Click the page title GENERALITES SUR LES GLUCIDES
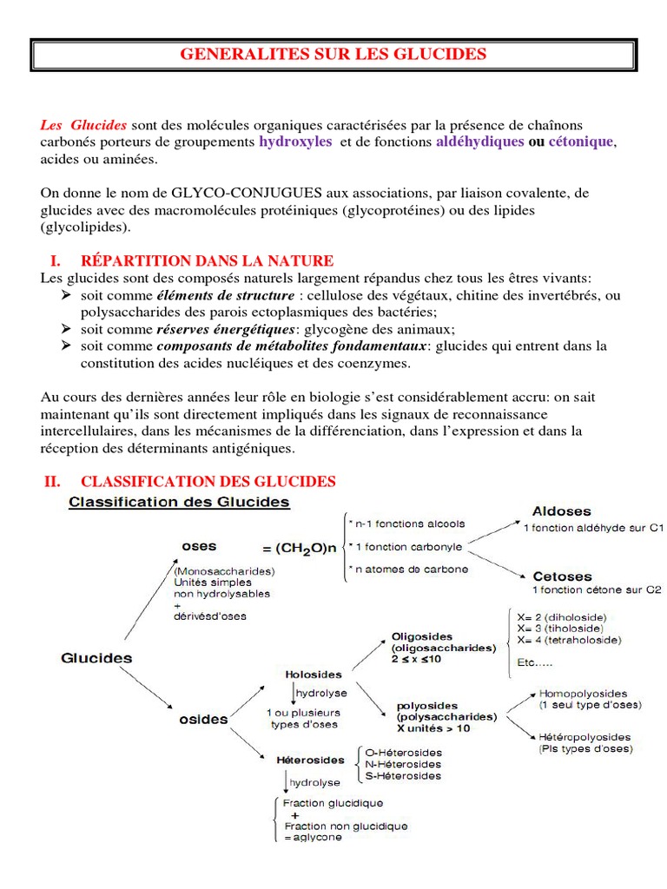coord(333,55)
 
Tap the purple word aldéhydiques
coord(479,141)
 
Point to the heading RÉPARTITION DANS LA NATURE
coord(207,261)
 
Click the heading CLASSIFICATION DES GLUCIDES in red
coord(208,481)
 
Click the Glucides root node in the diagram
coord(96,658)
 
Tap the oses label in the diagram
coord(199,546)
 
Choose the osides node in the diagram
coord(203,719)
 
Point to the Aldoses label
coord(561,511)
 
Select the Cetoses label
coord(562,576)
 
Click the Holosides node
coord(314,674)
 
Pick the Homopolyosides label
coord(583,694)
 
